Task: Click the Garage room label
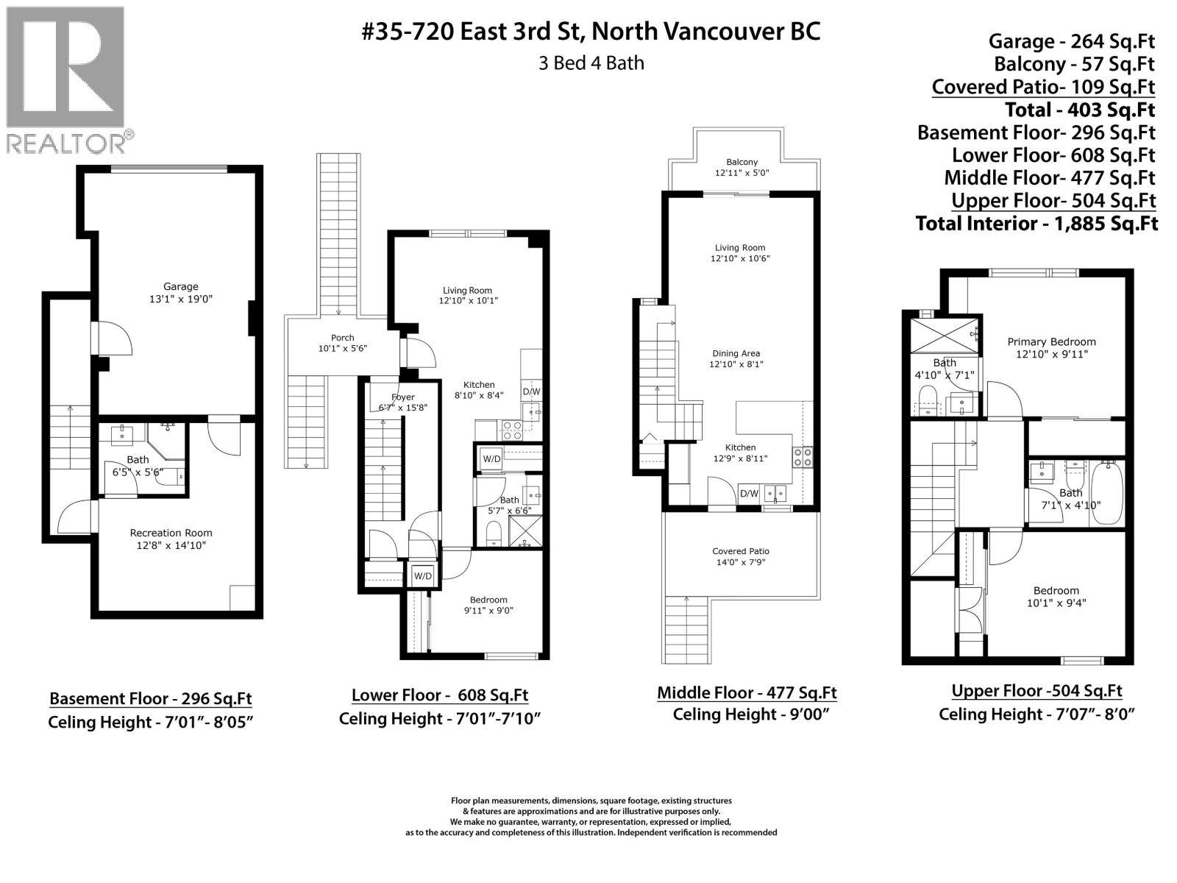coord(181,287)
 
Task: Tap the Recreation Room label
coord(171,533)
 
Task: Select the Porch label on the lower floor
coord(343,338)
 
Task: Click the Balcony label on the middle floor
coord(742,162)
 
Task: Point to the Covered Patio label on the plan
coord(741,551)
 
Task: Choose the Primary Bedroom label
coord(1051,342)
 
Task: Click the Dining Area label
coord(736,353)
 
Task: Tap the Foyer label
coord(402,397)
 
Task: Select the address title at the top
coord(591,31)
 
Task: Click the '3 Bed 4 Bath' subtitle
coord(591,63)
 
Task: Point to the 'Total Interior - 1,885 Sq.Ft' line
coord(1036,224)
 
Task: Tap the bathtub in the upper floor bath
coord(1106,493)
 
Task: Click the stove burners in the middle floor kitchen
coord(803,457)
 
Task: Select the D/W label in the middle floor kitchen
coord(749,493)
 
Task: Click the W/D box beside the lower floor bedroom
coord(423,576)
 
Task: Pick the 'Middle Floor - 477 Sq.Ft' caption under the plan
coord(747,692)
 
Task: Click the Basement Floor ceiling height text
coord(151,722)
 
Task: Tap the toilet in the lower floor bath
coord(494,534)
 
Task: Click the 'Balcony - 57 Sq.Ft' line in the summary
coord(1074,64)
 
